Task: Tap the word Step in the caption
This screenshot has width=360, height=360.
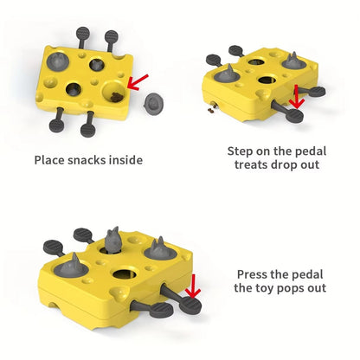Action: [241, 151]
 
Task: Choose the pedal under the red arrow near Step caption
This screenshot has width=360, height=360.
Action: [294, 114]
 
